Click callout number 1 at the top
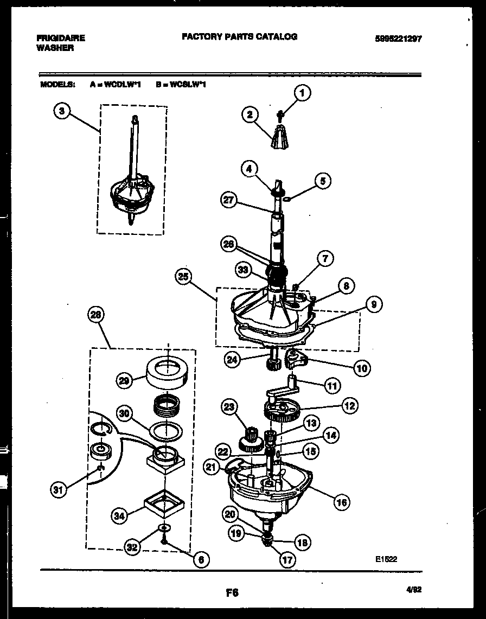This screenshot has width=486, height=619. click(302, 93)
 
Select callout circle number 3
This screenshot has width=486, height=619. click(62, 111)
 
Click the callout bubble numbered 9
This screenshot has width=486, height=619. click(373, 305)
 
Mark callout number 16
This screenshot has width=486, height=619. click(341, 502)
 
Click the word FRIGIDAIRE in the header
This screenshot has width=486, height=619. click(60, 38)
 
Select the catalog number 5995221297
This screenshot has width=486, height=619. click(398, 39)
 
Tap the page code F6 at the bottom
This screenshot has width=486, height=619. click(232, 593)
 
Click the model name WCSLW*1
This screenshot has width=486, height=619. click(188, 85)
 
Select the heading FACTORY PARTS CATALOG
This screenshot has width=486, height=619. click(239, 37)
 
